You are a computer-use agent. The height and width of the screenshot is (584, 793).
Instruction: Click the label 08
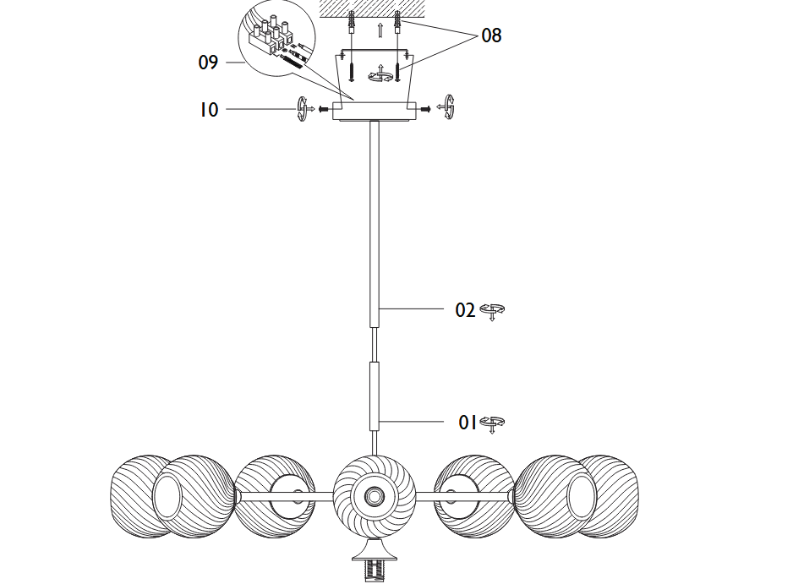pos(491,35)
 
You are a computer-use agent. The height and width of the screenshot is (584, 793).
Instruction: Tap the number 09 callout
pos(208,63)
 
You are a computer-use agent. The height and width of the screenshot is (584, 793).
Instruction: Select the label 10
pos(209,110)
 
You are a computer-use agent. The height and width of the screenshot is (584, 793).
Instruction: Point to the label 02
pos(466,310)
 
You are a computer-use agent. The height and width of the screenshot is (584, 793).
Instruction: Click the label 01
pos(468,422)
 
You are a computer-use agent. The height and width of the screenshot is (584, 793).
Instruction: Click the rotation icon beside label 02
pos(492,311)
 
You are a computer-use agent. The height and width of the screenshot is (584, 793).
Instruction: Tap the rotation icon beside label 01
pos(492,423)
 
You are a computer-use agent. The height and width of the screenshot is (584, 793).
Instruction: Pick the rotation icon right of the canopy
pos(447,108)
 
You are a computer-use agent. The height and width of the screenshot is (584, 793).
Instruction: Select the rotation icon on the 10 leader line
pos(304,110)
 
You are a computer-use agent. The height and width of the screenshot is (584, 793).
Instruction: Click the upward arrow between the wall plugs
pos(380,31)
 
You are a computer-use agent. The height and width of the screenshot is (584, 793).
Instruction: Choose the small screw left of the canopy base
pos(323,109)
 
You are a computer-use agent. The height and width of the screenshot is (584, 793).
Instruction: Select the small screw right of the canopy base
pos(425,108)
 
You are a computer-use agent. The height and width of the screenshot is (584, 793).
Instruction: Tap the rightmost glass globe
pos(610,494)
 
